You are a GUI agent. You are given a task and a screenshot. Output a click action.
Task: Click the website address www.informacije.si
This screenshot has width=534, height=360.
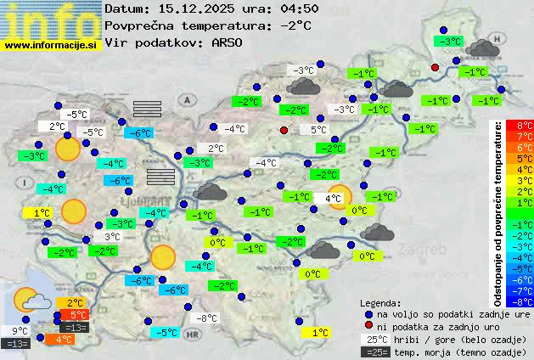[x=51, y=44]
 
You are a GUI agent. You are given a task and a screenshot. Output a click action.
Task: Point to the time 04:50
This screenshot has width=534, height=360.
[x=299, y=8]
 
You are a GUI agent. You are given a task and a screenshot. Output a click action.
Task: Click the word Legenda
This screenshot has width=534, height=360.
[x=380, y=302]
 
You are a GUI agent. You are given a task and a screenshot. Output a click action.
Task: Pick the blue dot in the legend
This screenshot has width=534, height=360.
[x=368, y=313]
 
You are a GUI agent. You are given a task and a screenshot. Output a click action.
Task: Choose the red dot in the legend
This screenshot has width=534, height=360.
[x=368, y=326]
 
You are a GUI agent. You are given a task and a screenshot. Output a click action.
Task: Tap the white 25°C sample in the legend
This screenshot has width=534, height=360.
[x=376, y=339]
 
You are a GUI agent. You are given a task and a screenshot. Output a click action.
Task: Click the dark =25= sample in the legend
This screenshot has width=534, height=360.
[x=376, y=352]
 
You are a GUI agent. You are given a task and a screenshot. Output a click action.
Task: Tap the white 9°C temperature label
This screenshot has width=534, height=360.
[x=19, y=331]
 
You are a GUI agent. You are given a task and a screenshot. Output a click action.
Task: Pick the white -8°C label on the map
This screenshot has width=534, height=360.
[x=206, y=318]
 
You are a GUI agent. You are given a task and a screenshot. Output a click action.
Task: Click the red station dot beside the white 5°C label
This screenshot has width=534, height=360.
[x=284, y=130]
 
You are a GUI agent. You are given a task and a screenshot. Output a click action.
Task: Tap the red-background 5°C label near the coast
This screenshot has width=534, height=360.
[x=73, y=315]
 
